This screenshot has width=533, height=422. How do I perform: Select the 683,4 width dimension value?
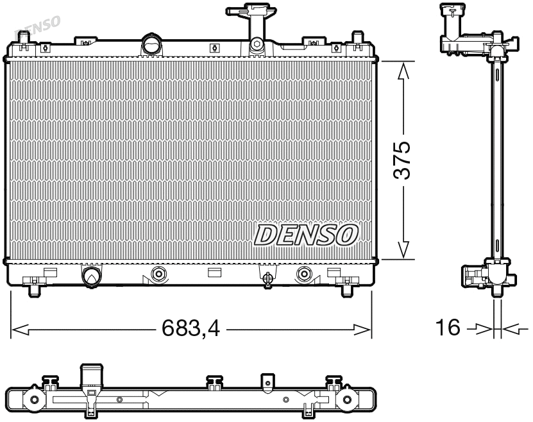[x=190, y=330]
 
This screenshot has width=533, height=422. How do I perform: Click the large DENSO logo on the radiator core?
[x=307, y=234]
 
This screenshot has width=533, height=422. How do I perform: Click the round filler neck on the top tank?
[x=151, y=46]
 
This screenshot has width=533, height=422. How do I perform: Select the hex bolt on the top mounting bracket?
[x=257, y=45]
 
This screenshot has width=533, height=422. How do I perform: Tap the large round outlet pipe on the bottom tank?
[x=90, y=276]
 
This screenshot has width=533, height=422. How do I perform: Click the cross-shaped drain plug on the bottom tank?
[x=268, y=277]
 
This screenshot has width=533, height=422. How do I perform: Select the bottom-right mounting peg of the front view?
[x=346, y=291]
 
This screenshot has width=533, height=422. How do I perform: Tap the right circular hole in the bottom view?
[x=347, y=400]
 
